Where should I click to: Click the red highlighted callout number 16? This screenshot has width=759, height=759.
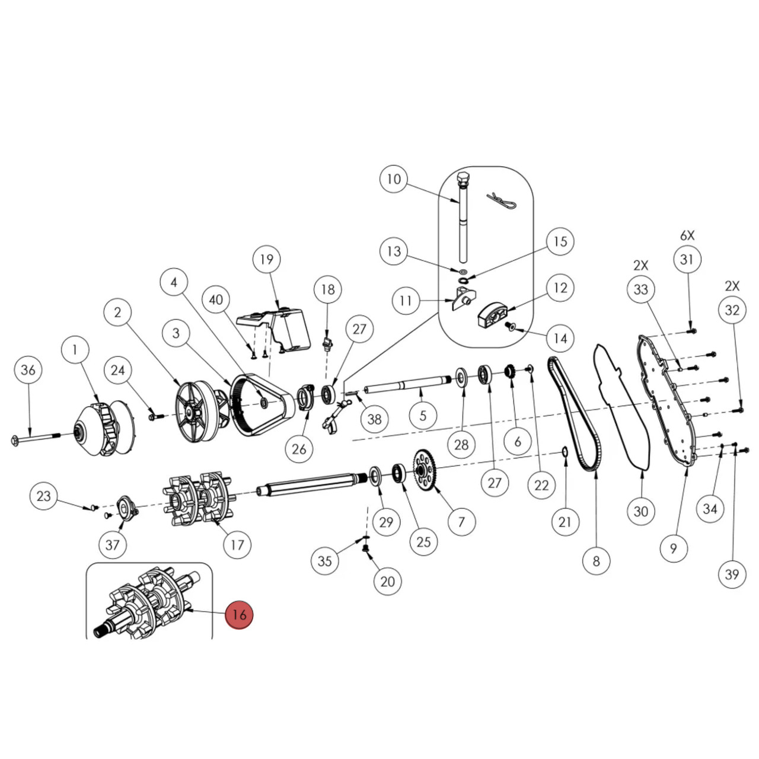(x=239, y=614)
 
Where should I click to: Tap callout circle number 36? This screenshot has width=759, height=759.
(x=28, y=370)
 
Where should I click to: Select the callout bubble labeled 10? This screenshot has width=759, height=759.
(x=394, y=179)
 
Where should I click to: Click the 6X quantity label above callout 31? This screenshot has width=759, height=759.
(x=687, y=235)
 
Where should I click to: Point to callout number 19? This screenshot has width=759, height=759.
(x=266, y=259)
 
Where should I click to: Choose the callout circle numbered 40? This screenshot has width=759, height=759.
(x=216, y=299)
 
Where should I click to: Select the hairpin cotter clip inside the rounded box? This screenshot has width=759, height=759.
(x=501, y=200)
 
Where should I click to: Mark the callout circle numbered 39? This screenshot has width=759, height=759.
(x=732, y=574)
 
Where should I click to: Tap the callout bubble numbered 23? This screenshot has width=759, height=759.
(x=44, y=496)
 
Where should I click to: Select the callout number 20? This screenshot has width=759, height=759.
(x=387, y=581)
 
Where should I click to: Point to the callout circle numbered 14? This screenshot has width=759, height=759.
(x=560, y=339)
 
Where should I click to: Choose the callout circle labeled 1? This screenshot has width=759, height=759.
(x=75, y=350)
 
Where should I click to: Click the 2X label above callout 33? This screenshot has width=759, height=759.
(x=640, y=265)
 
